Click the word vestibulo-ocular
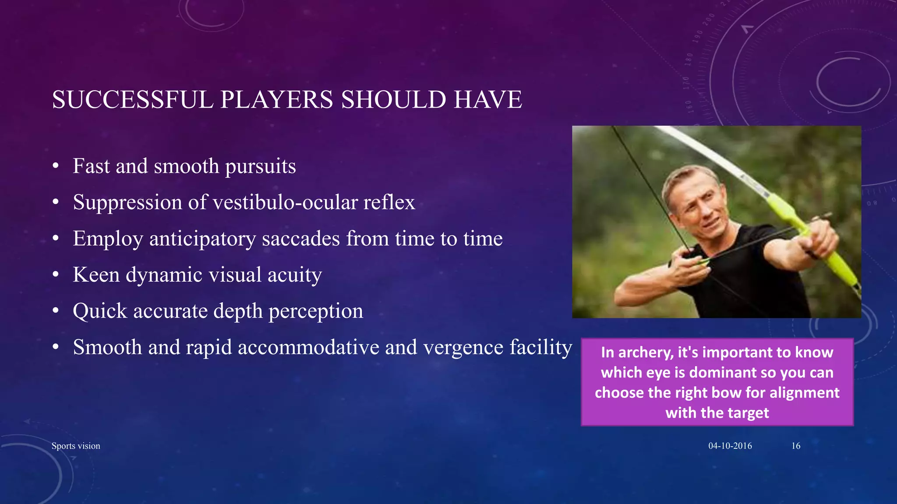click(x=285, y=203)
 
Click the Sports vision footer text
click(x=76, y=446)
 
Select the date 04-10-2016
click(x=730, y=446)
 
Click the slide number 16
click(x=795, y=446)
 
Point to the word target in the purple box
click(x=747, y=413)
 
